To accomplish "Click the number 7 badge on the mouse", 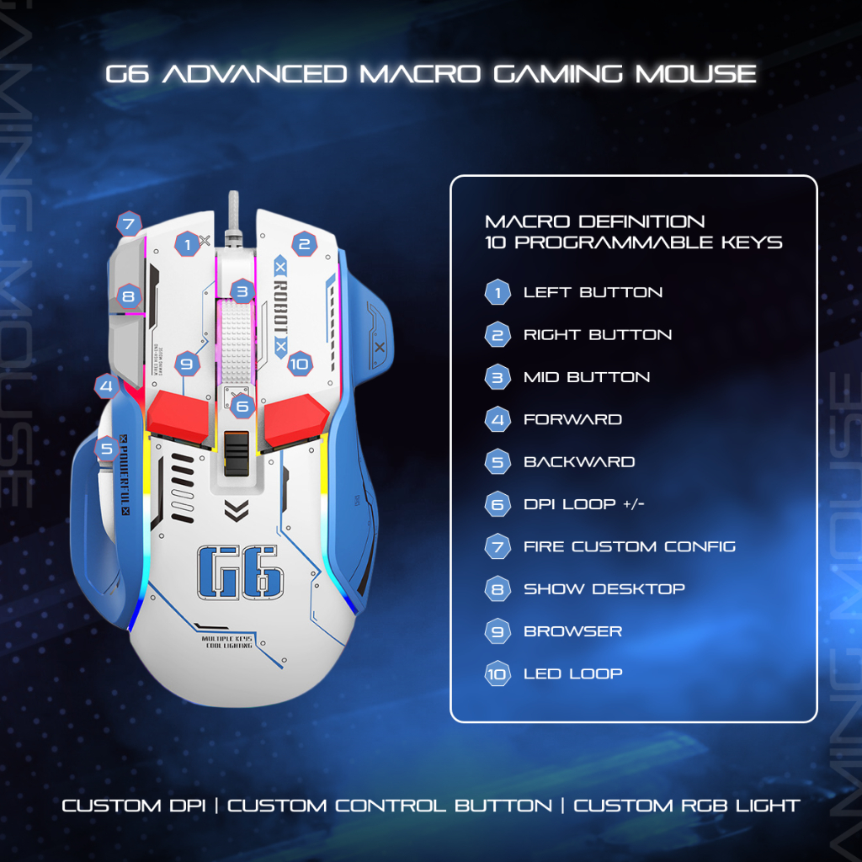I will pyautogui.click(x=128, y=225).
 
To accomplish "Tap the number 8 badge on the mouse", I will pyautogui.click(x=128, y=295).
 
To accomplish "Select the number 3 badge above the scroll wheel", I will pyautogui.click(x=242, y=292).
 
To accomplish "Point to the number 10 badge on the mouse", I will pyautogui.click(x=299, y=364).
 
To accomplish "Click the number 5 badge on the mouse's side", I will pyautogui.click(x=106, y=449).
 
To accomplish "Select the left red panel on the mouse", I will pyautogui.click(x=178, y=416).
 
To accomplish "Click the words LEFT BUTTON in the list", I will pyautogui.click(x=593, y=293).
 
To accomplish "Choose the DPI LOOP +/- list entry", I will pyautogui.click(x=584, y=504).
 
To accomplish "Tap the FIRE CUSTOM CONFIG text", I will pyautogui.click(x=629, y=546).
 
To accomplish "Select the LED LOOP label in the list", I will pyautogui.click(x=572, y=673).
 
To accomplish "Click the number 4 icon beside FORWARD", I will pyautogui.click(x=498, y=420).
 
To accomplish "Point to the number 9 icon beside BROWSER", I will pyautogui.click(x=498, y=631).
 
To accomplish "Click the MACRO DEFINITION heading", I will pyautogui.click(x=594, y=222).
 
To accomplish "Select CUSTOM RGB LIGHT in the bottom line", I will pyautogui.click(x=686, y=806).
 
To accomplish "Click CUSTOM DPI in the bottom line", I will pyautogui.click(x=134, y=806).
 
